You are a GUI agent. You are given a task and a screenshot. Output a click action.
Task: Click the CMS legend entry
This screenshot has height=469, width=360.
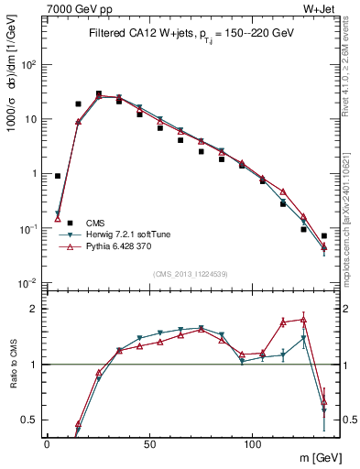[94, 223]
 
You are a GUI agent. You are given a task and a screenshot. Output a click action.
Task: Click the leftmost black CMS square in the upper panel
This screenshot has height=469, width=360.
[58, 176]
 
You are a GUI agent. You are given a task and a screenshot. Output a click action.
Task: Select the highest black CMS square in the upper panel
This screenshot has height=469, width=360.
[99, 93]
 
